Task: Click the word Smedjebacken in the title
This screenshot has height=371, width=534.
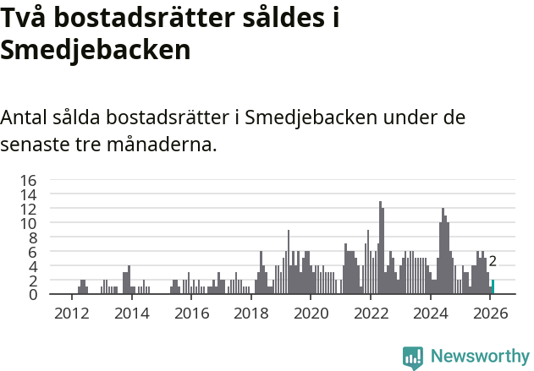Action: (95, 49)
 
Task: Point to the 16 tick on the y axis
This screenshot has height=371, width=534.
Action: (28, 181)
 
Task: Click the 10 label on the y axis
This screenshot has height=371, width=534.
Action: (28, 224)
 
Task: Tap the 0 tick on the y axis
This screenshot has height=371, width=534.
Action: (32, 295)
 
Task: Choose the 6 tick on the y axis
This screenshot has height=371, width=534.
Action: (32, 252)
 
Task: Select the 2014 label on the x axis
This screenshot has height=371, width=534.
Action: (130, 312)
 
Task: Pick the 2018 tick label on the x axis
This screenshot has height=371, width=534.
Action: (250, 312)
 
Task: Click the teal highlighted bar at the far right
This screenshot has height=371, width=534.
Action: (493, 287)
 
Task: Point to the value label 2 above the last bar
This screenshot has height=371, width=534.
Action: (493, 262)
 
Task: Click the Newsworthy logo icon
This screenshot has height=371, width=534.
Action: (413, 357)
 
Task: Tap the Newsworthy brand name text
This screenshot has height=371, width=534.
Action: (479, 357)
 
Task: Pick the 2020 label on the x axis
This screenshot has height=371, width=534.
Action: (311, 312)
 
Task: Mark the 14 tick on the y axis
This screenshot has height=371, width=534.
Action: (28, 195)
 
